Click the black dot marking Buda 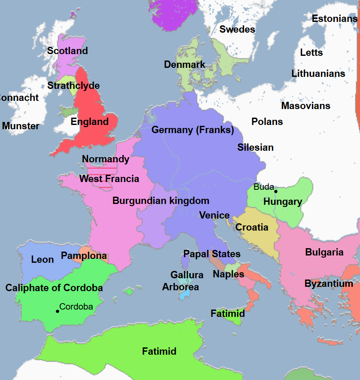(276, 192)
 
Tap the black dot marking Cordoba (57, 311)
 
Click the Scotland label (67, 51)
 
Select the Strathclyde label (73, 85)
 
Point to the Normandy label (106, 159)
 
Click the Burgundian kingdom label (161, 201)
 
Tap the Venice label (214, 215)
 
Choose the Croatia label (252, 227)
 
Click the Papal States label (212, 254)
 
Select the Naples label (229, 274)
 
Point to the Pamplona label (84, 256)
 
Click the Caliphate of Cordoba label (54, 288)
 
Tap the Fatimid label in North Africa (159, 351)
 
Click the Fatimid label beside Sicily (228, 313)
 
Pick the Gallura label (187, 275)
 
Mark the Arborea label (180, 287)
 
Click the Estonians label (334, 18)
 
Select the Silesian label (256, 147)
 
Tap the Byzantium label (329, 283)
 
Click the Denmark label (185, 64)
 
